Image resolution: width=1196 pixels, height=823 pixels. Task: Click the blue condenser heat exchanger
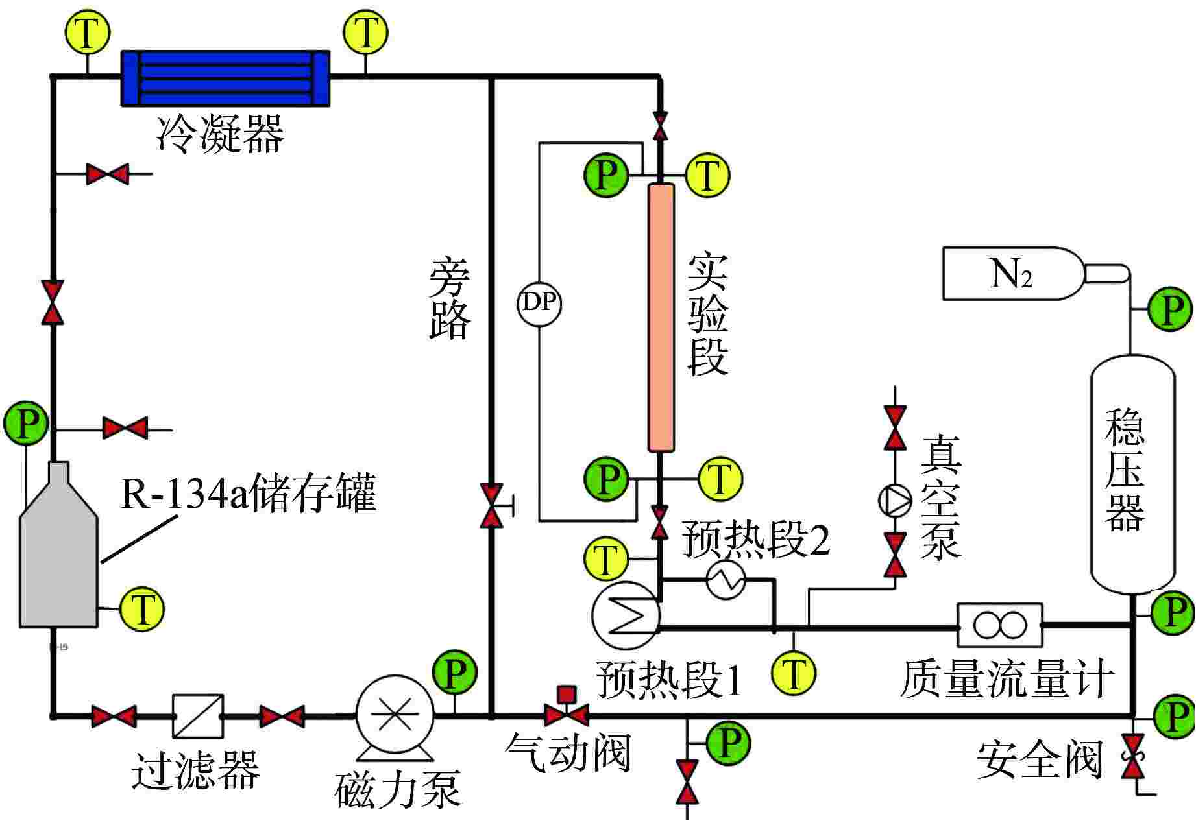coord(226,78)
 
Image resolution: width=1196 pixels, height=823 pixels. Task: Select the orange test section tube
coord(661,318)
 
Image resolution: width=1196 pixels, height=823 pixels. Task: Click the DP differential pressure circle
coord(539,303)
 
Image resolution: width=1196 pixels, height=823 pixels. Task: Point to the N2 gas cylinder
coord(1012,273)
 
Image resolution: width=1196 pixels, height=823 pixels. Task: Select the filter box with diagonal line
coord(198,716)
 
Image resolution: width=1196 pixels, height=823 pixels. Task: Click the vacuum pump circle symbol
coord(896,499)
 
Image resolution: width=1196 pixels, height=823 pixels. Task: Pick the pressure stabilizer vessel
coord(1132,473)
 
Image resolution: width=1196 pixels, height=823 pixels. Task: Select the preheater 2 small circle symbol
coord(726,579)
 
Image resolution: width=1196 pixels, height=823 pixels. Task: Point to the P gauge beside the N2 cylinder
coord(1170,310)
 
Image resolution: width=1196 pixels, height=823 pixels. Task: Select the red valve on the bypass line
coord(492,505)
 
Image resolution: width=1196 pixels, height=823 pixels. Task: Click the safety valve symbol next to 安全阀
coord(1134,756)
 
